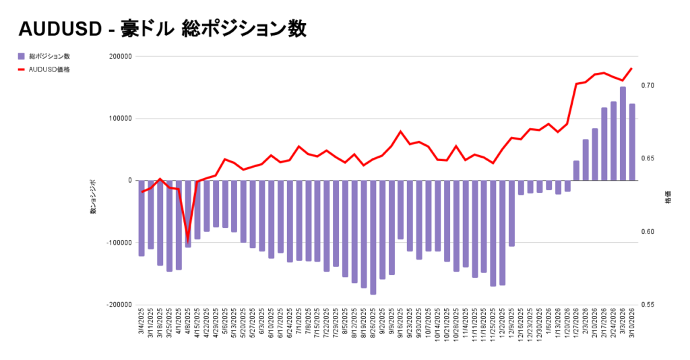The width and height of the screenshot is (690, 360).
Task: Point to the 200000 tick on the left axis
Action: click(x=118, y=57)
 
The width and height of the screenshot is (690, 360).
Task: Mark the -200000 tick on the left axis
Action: click(x=117, y=305)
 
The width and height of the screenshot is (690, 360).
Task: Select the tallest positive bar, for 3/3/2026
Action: click(x=623, y=133)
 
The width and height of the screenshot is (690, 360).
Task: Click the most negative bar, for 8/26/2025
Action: click(x=373, y=237)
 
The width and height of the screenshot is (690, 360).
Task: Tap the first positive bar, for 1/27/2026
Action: click(x=576, y=171)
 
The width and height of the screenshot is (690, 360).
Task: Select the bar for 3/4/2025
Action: click(x=142, y=218)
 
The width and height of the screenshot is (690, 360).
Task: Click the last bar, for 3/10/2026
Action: click(x=632, y=142)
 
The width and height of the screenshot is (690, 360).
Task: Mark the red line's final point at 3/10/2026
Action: click(x=632, y=68)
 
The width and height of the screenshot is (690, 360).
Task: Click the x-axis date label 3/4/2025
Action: click(x=142, y=324)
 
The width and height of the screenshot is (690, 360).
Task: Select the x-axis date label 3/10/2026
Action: click(x=633, y=324)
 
